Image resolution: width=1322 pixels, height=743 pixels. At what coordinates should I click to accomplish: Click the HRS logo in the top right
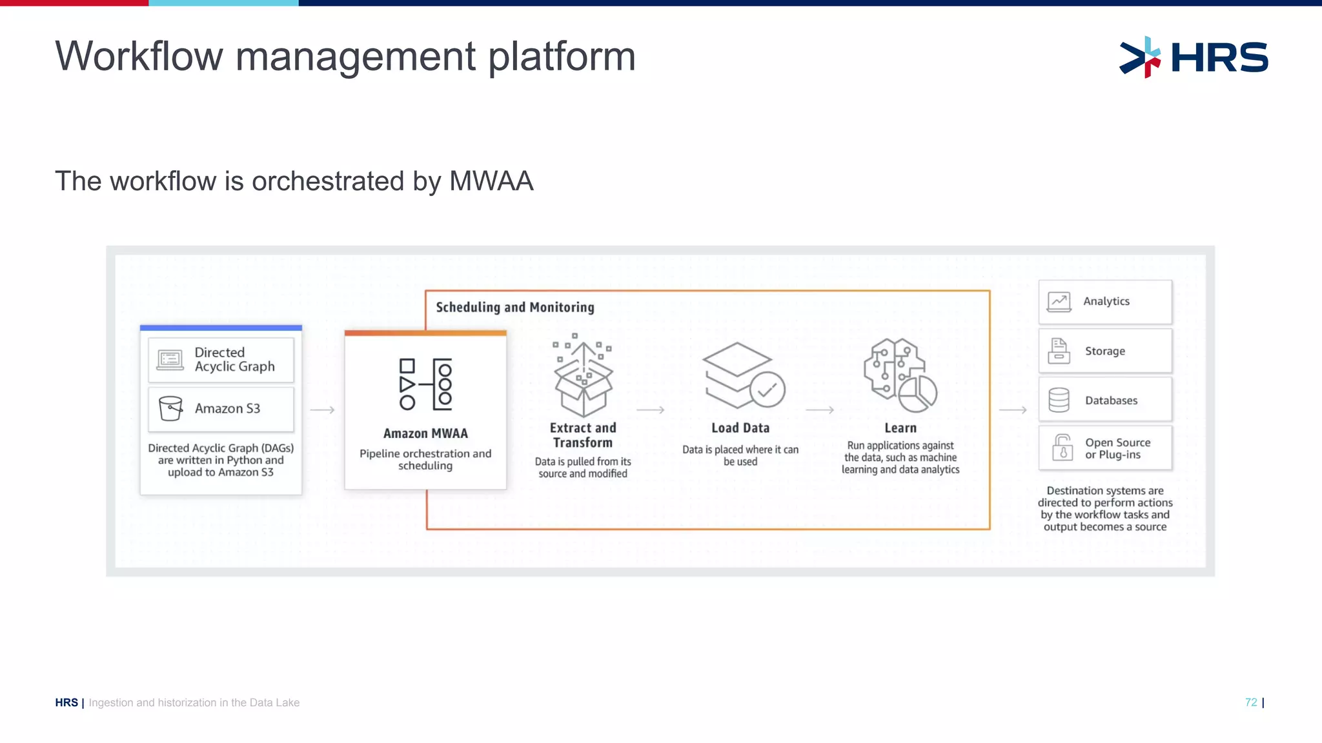(x=1194, y=57)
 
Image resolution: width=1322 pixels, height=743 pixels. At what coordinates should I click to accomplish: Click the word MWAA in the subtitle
(x=491, y=181)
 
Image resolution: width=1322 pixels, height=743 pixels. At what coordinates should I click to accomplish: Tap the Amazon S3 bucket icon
(x=170, y=408)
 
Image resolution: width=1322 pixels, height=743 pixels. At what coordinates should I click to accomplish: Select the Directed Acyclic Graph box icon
(x=170, y=359)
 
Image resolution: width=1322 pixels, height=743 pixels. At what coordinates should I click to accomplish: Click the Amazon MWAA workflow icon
(x=425, y=384)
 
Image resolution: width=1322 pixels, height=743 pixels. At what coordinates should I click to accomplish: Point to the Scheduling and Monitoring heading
(x=514, y=308)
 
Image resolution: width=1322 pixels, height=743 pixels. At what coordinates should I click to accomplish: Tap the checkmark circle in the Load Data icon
(x=767, y=390)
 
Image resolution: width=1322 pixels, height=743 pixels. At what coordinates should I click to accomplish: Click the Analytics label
(x=1106, y=301)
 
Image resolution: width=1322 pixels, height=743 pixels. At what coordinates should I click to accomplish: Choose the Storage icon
(x=1059, y=351)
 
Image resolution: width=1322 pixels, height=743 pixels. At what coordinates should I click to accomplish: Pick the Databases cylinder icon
(x=1059, y=400)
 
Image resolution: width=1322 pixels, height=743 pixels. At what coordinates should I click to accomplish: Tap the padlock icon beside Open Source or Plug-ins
(x=1062, y=448)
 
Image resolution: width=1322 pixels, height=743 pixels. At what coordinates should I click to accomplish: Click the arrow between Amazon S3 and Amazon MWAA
(x=322, y=410)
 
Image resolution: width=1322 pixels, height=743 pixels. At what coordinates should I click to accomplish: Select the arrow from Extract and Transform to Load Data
(x=650, y=410)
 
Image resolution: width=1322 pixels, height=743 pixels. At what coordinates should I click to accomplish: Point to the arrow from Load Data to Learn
(x=820, y=410)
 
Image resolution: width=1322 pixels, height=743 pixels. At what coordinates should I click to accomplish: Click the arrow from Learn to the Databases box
(x=1013, y=410)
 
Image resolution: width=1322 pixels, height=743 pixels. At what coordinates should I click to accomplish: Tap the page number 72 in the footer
(x=1251, y=702)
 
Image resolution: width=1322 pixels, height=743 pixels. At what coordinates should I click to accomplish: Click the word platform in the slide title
(x=562, y=57)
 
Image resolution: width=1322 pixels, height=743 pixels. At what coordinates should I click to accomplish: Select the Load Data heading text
(x=740, y=428)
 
